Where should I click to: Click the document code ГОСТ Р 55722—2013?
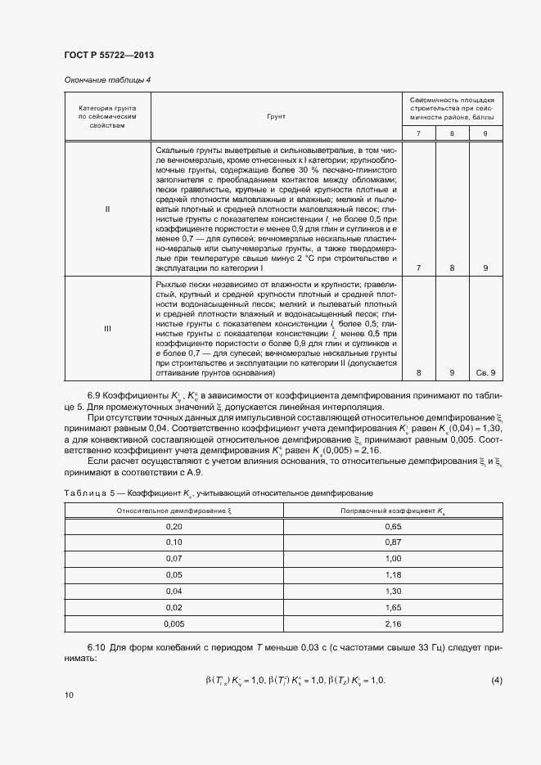[109, 55]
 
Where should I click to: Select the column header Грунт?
[275, 117]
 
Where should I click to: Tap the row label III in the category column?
[107, 328]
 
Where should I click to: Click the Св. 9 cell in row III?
[486, 373]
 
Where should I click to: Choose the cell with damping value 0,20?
[174, 527]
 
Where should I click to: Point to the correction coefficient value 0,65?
[393, 527]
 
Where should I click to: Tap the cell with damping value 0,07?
[174, 558]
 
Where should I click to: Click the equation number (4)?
[496, 681]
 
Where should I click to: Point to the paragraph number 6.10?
[97, 649]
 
